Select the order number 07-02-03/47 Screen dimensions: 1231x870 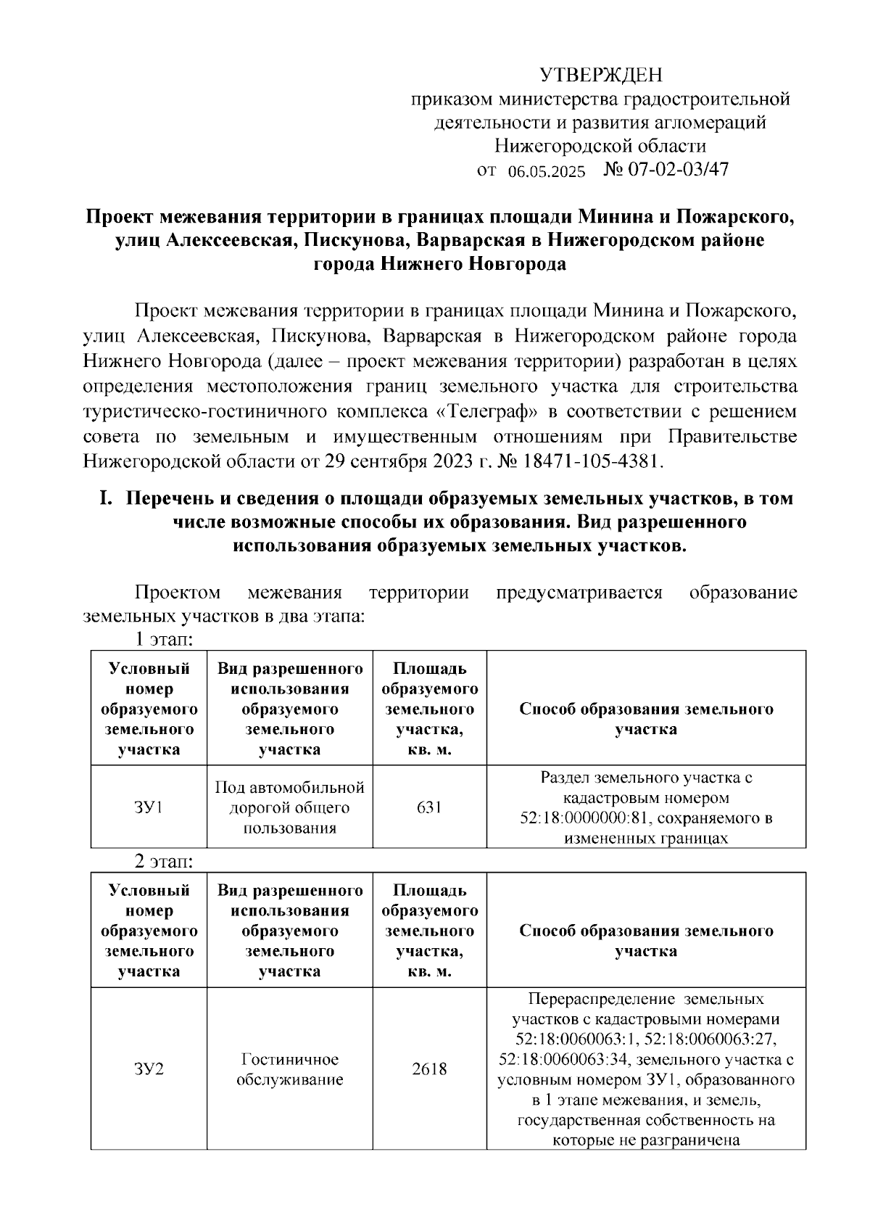tap(678, 170)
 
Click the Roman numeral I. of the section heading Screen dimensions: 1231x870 tap(107, 498)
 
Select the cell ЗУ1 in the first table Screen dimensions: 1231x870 tap(149, 807)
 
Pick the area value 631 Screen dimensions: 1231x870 tap(429, 807)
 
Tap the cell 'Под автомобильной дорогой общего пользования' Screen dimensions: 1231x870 tap(290, 807)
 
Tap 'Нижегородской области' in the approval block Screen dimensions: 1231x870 tap(600, 146)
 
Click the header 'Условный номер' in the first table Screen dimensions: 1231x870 tap(149, 678)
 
